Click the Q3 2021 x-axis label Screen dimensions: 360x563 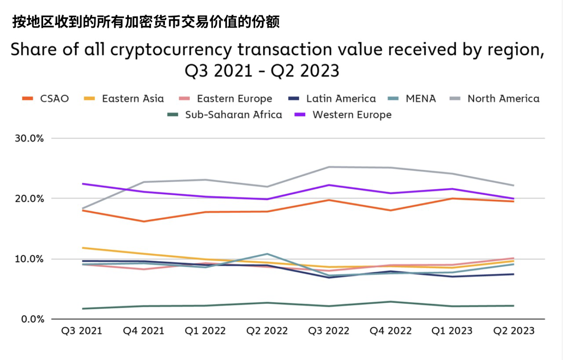tap(81, 331)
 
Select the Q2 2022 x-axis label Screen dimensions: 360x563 tap(267, 331)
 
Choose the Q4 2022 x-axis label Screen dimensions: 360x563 tap(391, 331)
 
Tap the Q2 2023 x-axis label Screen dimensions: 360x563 tap(514, 331)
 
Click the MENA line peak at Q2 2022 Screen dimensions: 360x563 tap(267, 254)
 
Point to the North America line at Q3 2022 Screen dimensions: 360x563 tap(329, 167)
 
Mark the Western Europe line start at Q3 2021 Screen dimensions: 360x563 tap(82, 184)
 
